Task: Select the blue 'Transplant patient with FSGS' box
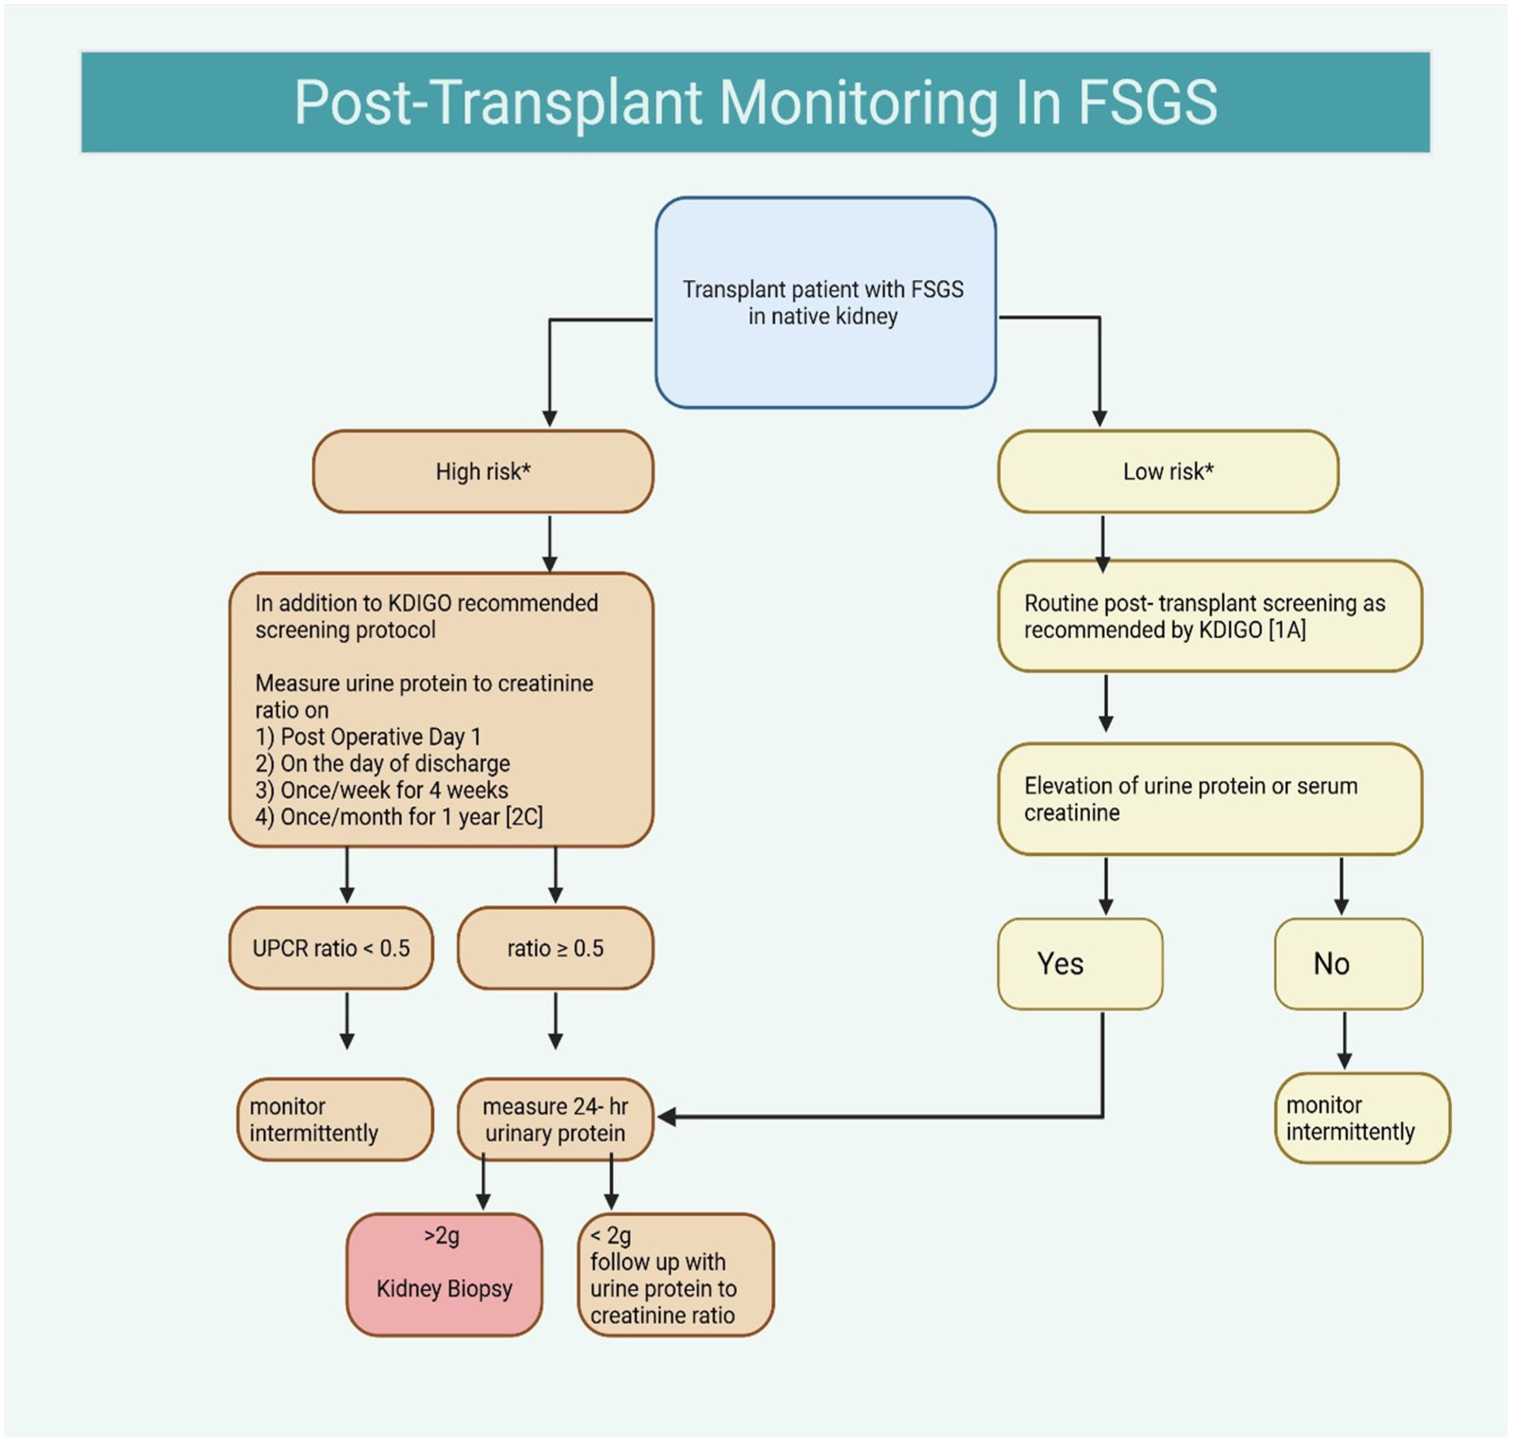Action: point(825,302)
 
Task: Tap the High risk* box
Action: point(482,471)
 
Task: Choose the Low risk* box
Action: point(1168,471)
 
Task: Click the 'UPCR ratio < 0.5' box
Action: point(331,948)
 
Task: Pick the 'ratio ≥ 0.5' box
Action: point(555,948)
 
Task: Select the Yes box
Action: point(1080,964)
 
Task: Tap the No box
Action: point(1348,964)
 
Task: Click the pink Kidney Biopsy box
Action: point(444,1275)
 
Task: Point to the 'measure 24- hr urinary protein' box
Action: point(555,1119)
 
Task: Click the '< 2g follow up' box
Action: point(676,1275)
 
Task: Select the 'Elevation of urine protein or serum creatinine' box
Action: point(1210,799)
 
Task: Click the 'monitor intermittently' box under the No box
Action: point(1362,1118)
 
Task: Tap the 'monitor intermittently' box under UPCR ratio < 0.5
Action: point(335,1119)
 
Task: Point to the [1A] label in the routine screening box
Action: point(1287,630)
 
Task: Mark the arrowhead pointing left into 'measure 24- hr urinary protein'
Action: point(667,1117)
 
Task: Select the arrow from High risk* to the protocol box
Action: point(550,543)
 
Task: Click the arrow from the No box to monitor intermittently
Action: point(1344,1040)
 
